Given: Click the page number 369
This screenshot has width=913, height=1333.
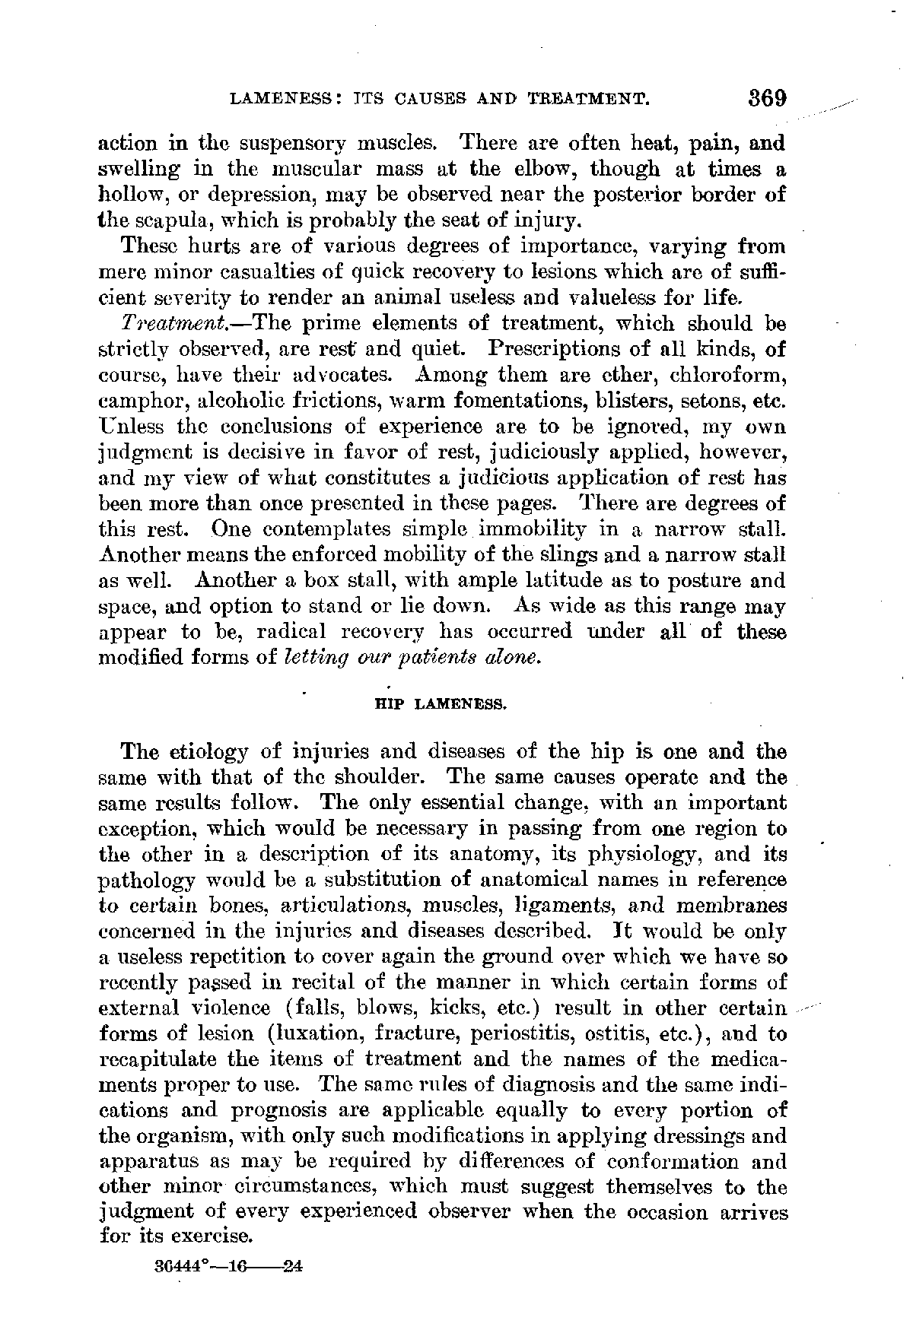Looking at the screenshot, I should (765, 99).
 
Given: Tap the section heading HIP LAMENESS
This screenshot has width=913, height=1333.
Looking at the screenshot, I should (441, 704).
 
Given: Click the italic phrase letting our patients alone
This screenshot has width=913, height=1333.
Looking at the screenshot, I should (412, 657).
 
